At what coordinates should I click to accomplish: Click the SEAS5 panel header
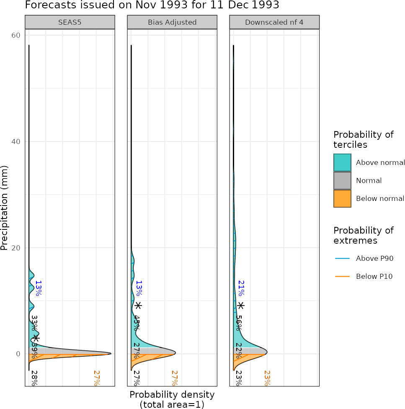click(x=70, y=22)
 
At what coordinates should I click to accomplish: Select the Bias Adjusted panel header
click(x=172, y=22)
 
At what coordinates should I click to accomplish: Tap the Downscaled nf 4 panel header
click(x=274, y=22)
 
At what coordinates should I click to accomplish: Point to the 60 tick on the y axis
click(x=16, y=35)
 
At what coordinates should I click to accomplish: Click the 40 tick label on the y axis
click(x=16, y=141)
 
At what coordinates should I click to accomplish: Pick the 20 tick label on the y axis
click(x=16, y=247)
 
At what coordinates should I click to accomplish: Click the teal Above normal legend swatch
click(x=342, y=162)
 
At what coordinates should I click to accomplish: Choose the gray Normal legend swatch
click(x=342, y=180)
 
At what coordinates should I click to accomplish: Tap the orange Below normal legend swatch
click(x=342, y=198)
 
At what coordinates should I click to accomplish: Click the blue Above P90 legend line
click(x=342, y=258)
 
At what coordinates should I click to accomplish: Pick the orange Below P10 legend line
click(x=342, y=276)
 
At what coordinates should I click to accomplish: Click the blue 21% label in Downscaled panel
click(x=241, y=288)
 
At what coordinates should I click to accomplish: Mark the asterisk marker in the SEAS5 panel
click(x=36, y=338)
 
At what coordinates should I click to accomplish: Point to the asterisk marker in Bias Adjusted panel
click(x=138, y=306)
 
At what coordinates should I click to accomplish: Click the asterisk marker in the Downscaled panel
click(x=240, y=306)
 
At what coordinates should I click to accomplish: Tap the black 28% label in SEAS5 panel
click(x=34, y=378)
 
